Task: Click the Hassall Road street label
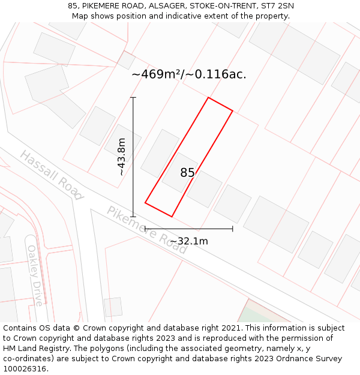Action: [x=51, y=175]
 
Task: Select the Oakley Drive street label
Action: [x=35, y=275]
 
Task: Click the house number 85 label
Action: [x=187, y=173]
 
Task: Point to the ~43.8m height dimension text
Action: [x=122, y=157]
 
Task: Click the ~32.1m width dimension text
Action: [x=188, y=241]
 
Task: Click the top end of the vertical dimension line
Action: [x=133, y=97]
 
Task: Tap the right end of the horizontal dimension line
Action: [x=233, y=229]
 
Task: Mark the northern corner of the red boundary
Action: [x=208, y=98]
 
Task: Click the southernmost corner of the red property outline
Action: [x=172, y=217]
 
